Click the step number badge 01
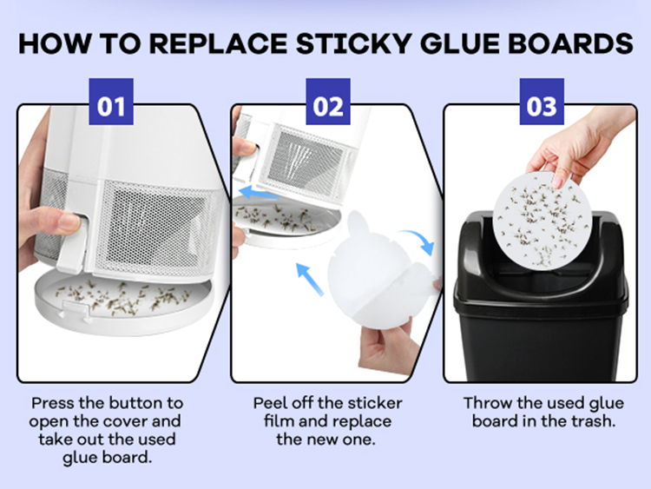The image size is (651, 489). [x=111, y=102]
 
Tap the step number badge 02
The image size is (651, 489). [x=328, y=102]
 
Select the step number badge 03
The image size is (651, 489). [x=542, y=102]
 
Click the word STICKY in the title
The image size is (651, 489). [x=354, y=43]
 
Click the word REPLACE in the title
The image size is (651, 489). [x=218, y=43]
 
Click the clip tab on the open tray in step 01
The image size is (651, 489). [x=76, y=311]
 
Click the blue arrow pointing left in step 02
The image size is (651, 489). [x=259, y=193]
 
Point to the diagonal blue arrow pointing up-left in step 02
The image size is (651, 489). [x=309, y=279]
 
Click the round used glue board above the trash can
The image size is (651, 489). [x=542, y=221]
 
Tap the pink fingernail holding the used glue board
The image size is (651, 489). [x=557, y=182]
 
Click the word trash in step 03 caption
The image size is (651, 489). [x=592, y=421]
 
